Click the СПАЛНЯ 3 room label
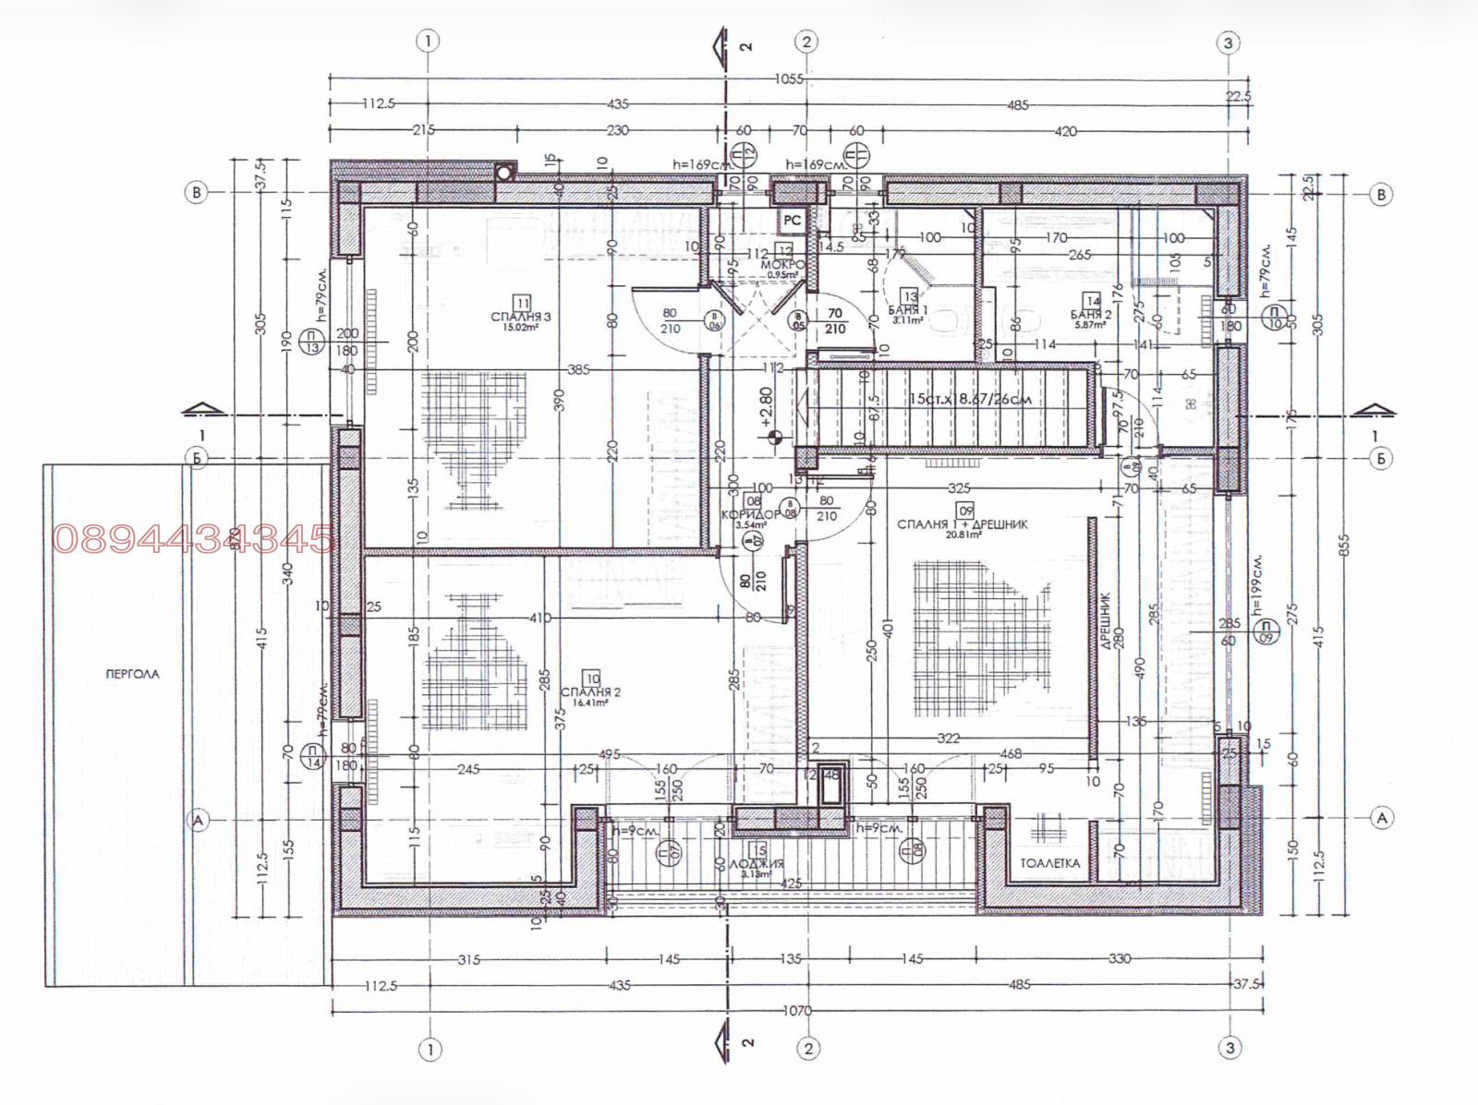pos(521,317)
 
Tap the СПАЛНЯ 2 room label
pos(591,692)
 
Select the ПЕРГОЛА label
pos(132,674)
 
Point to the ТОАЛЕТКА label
pos(1049,863)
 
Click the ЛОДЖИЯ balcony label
pos(757,864)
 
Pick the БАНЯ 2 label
pos(1091,315)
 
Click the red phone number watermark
pos(193,539)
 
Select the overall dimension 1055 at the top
pos(789,79)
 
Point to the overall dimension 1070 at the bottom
pos(797,1011)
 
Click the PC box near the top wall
pos(792,221)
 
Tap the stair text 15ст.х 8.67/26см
pos(970,400)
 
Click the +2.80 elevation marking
pos(765,406)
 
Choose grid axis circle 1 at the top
pos(428,41)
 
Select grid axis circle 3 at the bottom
pos(1230,1048)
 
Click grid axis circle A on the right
pos(1382,818)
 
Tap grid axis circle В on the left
pos(196,193)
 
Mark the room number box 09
pos(965,510)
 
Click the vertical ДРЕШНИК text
pos(1106,620)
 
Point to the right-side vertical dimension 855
pos(1344,545)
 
